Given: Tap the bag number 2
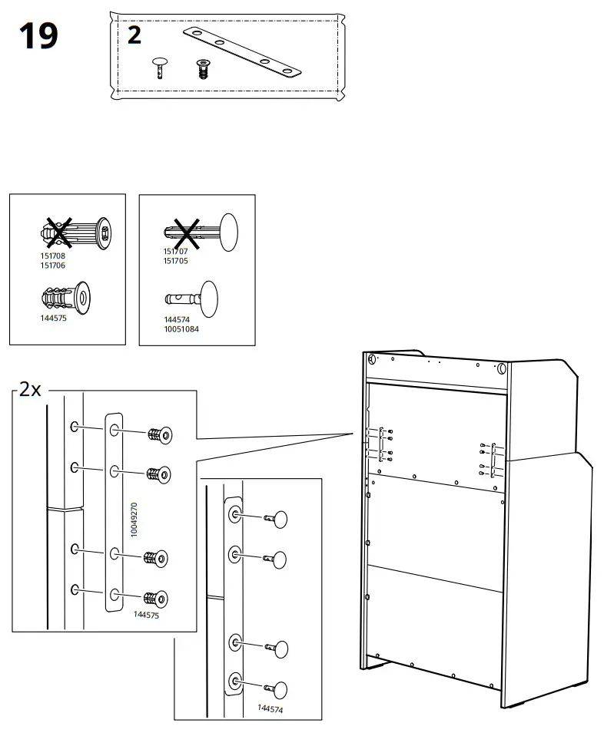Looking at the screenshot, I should click(134, 35).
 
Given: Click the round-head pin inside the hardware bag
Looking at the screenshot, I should click(161, 66).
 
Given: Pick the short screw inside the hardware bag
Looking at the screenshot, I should click(203, 69).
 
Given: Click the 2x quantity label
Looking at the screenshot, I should click(30, 389).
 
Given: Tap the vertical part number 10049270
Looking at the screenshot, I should click(134, 519).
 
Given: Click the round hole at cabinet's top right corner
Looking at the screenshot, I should click(503, 368).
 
